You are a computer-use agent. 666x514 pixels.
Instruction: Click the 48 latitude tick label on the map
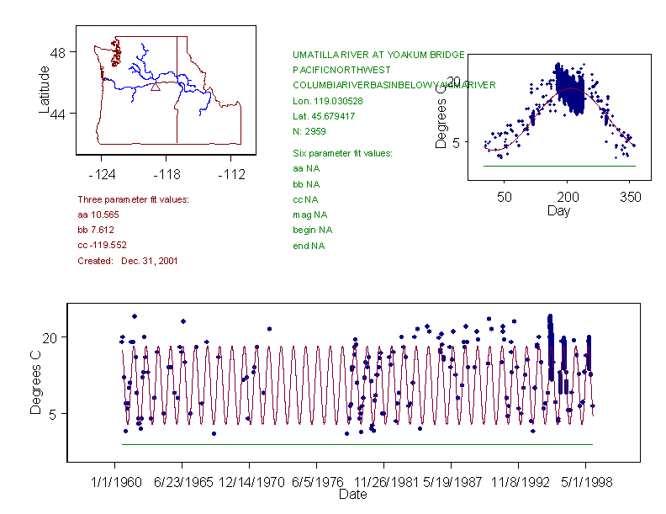point(58,51)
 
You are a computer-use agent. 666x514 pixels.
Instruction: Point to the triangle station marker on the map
point(155,86)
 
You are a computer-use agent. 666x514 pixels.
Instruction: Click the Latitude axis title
point(45,89)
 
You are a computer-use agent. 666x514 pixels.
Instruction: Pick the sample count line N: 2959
point(309,131)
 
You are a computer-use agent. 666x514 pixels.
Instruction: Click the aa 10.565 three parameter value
point(96,215)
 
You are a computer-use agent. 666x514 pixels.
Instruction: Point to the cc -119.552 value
point(102,245)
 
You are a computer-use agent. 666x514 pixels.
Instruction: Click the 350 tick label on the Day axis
point(630,198)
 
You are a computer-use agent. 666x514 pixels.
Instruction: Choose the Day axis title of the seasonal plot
point(558,210)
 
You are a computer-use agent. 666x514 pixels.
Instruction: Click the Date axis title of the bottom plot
point(352,495)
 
